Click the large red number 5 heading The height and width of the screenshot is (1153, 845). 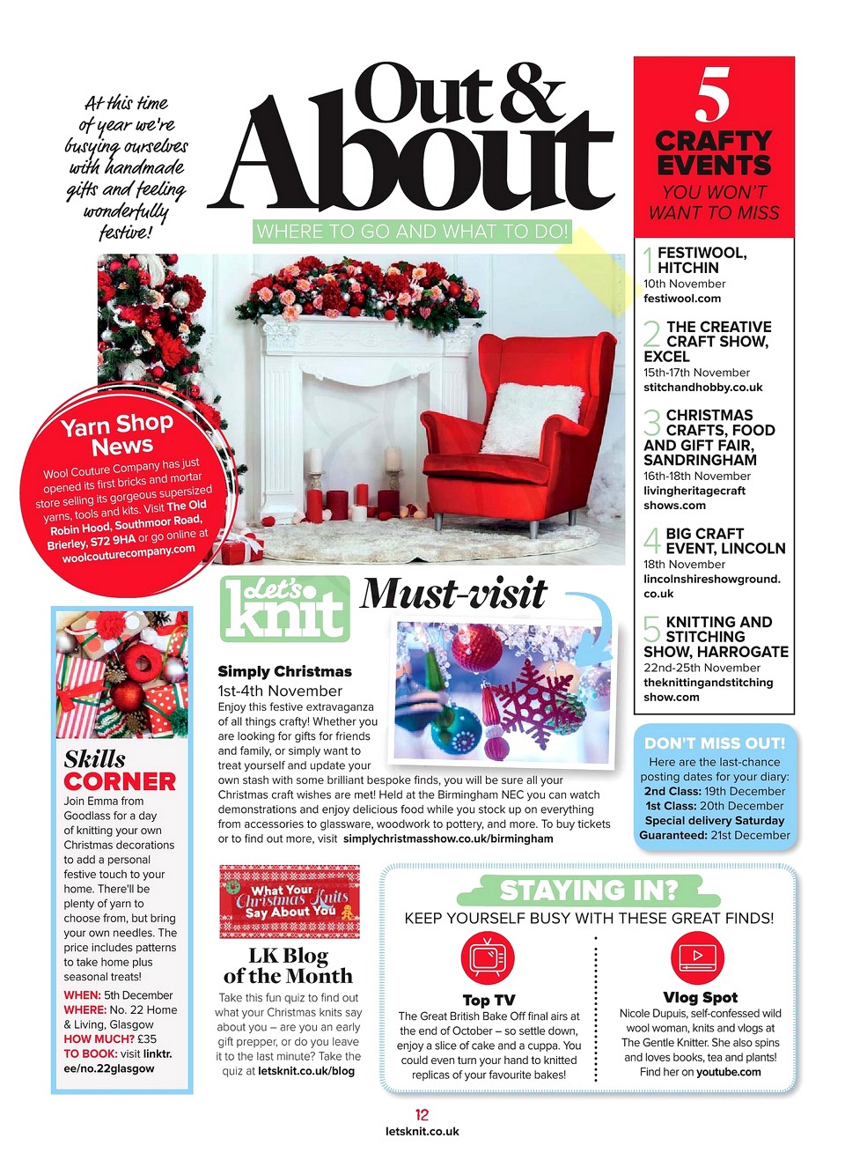coord(713,96)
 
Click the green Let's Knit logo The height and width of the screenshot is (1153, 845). coord(284,609)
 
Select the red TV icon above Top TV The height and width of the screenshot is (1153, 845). coord(487,958)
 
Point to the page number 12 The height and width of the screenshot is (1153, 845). coord(422,1115)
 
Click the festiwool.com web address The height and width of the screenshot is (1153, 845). coord(682,299)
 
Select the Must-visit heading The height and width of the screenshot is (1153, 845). coord(454,594)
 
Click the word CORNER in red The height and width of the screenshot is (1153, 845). coord(120,782)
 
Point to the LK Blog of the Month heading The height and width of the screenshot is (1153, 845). coord(288,966)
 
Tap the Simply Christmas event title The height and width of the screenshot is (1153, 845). coord(284,672)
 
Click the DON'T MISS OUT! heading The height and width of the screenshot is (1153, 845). coord(715,743)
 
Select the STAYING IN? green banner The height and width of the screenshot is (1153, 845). coord(589,891)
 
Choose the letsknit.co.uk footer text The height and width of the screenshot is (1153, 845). coord(422,1132)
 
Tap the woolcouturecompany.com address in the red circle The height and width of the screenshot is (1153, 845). coord(129,554)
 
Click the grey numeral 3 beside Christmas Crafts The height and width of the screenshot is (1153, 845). coord(651,423)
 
